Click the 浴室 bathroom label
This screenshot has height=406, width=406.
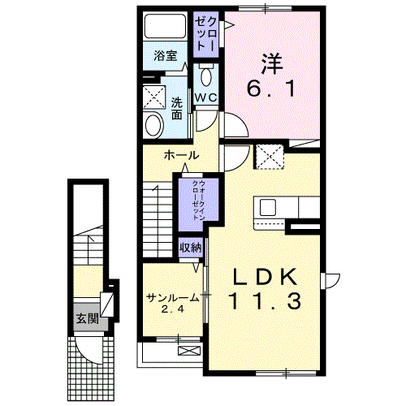tap(166, 56)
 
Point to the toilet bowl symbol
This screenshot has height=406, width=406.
tap(205, 79)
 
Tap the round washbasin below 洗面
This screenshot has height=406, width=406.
tap(152, 124)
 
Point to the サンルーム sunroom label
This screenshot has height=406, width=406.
tap(171, 297)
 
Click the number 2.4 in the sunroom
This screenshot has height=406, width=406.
tap(171, 310)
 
